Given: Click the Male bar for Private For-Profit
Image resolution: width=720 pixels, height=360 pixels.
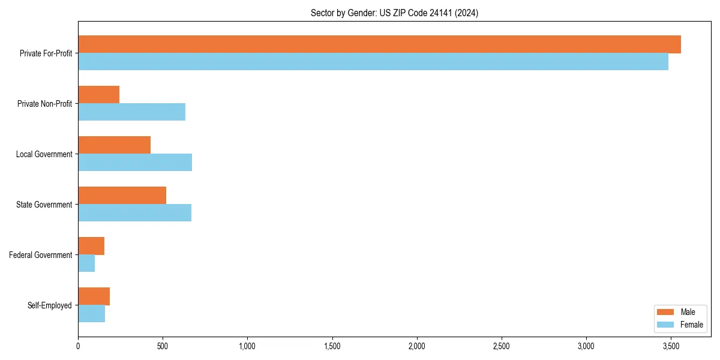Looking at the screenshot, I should [x=379, y=44].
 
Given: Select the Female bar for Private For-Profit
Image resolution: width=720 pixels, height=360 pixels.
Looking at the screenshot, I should [x=373, y=62].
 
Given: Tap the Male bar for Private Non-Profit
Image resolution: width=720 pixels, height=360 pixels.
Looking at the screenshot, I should [x=99, y=95].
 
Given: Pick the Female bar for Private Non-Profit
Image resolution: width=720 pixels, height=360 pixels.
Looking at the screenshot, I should [x=132, y=112].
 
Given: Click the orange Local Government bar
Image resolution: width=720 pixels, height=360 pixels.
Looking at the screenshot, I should [x=115, y=145].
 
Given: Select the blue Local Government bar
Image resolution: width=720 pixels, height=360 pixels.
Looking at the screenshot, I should [x=135, y=163].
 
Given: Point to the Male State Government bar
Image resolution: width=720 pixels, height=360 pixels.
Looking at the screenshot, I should [x=122, y=196].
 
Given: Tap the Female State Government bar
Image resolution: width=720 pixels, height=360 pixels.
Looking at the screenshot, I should [x=135, y=213].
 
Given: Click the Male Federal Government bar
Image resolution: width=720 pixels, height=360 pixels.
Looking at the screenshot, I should [x=91, y=246].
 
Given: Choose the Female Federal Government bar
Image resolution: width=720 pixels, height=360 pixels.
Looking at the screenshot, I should [x=86, y=263].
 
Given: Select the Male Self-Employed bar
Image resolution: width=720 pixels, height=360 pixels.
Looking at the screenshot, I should [x=94, y=296].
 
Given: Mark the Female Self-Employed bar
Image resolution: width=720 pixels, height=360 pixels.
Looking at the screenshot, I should [x=92, y=314].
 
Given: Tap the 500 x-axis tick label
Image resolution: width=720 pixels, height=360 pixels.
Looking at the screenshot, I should [x=163, y=346].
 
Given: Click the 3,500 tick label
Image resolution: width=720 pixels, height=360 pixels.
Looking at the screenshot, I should [x=671, y=346].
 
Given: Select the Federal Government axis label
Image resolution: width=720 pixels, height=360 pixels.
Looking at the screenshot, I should [x=41, y=255].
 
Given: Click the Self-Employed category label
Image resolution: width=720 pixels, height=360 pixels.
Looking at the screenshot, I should [x=50, y=305].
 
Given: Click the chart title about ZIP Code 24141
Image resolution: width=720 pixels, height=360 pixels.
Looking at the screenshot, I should [x=394, y=13].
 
